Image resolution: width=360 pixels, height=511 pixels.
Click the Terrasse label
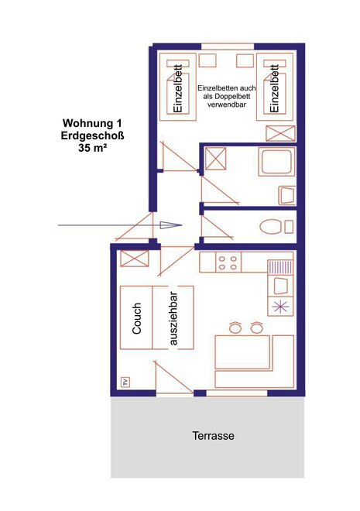[213, 436]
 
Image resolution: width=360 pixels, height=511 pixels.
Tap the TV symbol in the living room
[125, 382]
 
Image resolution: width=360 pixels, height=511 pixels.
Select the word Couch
[137, 318]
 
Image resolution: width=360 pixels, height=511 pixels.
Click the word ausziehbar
[173, 318]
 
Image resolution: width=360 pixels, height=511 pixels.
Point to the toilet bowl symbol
[270, 227]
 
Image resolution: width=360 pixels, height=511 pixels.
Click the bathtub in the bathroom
[276, 162]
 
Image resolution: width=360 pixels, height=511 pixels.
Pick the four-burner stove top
[228, 262]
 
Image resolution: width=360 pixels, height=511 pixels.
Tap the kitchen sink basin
[280, 286]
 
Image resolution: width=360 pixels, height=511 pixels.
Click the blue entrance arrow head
[171, 225]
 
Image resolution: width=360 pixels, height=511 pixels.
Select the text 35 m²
[93, 148]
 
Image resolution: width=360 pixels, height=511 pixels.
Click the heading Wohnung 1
[93, 123]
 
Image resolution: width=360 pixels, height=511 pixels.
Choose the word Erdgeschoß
[93, 135]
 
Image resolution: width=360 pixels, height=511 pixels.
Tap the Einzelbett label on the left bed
[178, 89]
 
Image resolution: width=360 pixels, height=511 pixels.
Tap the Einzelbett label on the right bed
[276, 88]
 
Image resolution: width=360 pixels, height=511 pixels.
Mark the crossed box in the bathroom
[215, 159]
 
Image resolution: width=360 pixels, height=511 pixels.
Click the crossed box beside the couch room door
[135, 259]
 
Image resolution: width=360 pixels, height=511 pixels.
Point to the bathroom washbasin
[286, 195]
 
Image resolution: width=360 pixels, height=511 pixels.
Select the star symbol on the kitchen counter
[280, 307]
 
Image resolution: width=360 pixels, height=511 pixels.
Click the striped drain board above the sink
[280, 267]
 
